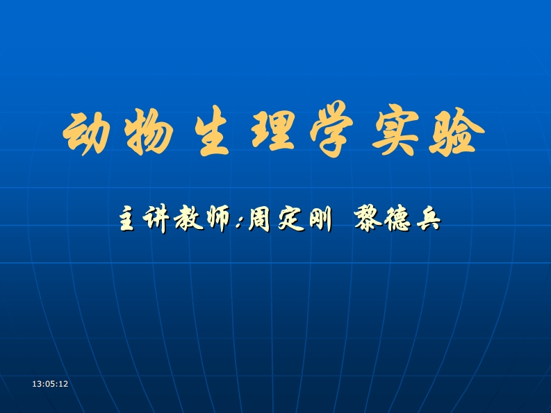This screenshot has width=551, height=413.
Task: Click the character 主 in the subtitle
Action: coord(129,220)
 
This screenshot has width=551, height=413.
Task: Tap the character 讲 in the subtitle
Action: coord(157,220)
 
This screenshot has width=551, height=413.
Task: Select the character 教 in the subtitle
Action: coord(186,220)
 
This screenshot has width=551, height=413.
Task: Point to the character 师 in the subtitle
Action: coord(215,220)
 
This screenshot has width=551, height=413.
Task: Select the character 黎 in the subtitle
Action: coord(368,220)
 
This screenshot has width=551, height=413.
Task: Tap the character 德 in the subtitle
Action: coord(397,220)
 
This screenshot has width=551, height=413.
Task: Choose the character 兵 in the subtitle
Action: coord(425,220)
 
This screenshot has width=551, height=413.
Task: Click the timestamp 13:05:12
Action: coord(51,384)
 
